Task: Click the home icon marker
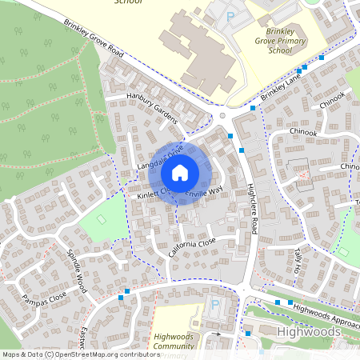[180, 172]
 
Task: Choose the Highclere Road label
[252, 206]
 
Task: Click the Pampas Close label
[45, 300]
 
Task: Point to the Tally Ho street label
[298, 260]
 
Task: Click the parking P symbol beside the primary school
[231, 15]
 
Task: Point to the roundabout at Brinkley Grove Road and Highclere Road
[223, 115]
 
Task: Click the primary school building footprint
[196, 52]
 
